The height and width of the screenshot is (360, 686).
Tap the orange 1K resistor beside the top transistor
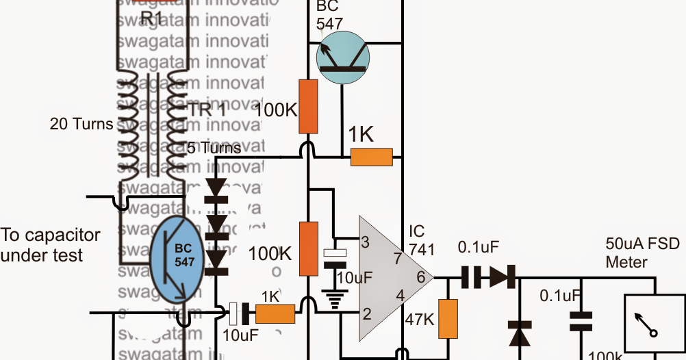point(372,157)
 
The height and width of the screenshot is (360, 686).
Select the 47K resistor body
point(448,319)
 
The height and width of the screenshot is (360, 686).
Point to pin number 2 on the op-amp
point(366,315)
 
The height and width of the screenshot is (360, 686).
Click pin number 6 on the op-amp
point(420,277)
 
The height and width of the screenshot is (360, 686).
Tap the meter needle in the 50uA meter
point(646,326)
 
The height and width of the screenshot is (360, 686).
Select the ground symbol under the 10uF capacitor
point(335,300)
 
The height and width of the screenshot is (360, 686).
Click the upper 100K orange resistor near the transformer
point(309,107)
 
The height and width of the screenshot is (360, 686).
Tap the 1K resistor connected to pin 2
point(275,314)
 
